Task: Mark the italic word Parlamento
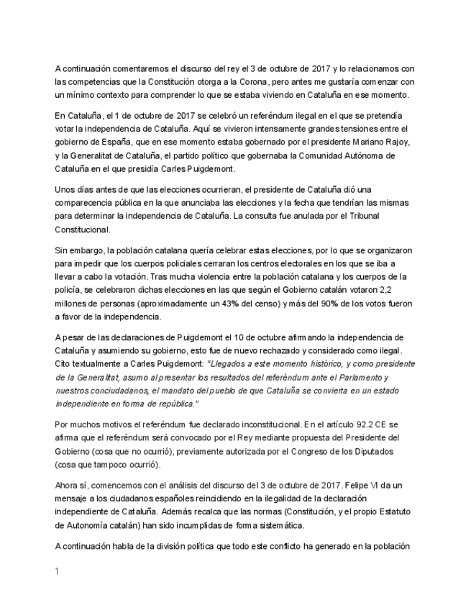357,377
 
